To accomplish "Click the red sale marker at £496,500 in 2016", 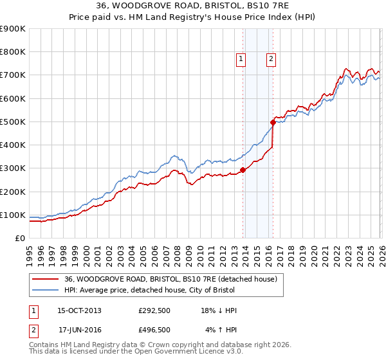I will pyautogui.click(x=273, y=122).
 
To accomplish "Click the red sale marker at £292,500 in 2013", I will pyautogui.click(x=243, y=170).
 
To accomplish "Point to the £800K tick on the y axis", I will pyautogui.click(x=13, y=52).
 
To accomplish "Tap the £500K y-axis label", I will pyautogui.click(x=13, y=122).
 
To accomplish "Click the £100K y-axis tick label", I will pyautogui.click(x=13, y=215).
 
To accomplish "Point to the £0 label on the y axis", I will pyautogui.click(x=20, y=239).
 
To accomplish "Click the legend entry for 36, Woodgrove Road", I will pyautogui.click(x=170, y=279).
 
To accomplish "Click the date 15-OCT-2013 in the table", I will pyautogui.click(x=79, y=310).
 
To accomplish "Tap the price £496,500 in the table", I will pyautogui.click(x=154, y=330).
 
